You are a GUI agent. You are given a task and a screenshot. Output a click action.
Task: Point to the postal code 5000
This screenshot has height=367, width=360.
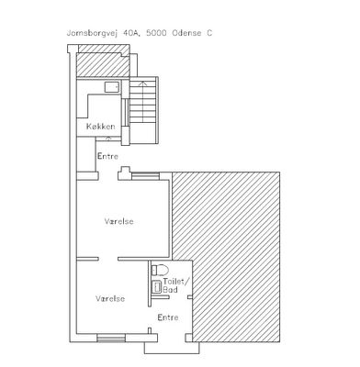pyautogui.click(x=156, y=33)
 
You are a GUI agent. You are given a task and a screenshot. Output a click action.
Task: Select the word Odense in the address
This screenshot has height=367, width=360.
pyautogui.click(x=186, y=33)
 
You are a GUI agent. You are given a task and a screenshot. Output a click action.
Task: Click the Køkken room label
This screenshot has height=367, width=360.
pyautogui.click(x=101, y=127)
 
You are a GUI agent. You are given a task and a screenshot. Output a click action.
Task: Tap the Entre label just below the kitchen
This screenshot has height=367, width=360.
pyautogui.click(x=107, y=156)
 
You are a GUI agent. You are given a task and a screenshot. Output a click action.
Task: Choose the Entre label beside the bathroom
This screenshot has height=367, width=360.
pyautogui.click(x=168, y=317)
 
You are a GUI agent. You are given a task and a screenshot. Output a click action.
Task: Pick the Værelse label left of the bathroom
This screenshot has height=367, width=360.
pyautogui.click(x=110, y=298)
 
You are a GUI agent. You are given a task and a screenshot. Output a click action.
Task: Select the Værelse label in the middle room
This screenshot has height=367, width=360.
pyautogui.click(x=119, y=221)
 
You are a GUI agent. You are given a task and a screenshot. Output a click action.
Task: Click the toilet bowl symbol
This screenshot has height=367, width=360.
pyautogui.click(x=161, y=270)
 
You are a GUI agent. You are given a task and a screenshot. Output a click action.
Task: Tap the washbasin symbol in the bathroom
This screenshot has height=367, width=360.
pyautogui.click(x=157, y=286)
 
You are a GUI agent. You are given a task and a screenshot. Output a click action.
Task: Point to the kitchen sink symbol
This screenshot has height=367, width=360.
pyautogui.click(x=112, y=87)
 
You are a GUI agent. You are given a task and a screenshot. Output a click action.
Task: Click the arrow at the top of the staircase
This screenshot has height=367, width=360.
pyautogui.click(x=143, y=83)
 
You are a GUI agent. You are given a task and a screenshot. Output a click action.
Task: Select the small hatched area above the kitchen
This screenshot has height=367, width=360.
pyautogui.click(x=103, y=62)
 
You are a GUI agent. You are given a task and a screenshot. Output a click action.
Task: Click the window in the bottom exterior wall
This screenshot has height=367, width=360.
pyautogui.click(x=111, y=338)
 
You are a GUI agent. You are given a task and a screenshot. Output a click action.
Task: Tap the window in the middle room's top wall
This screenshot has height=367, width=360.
pyautogui.click(x=145, y=176)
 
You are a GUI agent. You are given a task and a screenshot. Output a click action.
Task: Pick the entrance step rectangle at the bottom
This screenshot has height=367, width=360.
pyautogui.click(x=172, y=348)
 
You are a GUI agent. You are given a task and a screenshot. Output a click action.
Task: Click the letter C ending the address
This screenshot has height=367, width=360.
pyautogui.click(x=209, y=33)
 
